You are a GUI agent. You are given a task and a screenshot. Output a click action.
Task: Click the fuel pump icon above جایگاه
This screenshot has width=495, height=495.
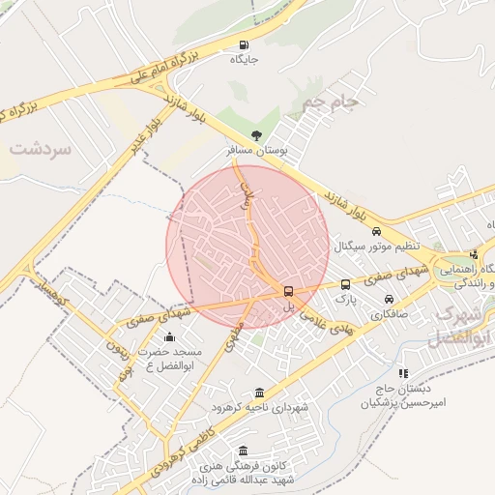coord(242,44)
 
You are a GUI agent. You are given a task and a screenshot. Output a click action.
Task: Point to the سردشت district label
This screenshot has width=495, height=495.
coord(42,149)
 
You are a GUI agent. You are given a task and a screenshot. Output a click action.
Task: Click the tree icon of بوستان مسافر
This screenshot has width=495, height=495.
coord(256,136)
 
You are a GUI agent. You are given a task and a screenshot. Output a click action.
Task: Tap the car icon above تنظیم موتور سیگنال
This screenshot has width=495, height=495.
coord(376,231)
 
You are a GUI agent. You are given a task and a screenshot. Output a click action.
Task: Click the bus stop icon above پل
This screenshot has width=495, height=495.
coord(288,291)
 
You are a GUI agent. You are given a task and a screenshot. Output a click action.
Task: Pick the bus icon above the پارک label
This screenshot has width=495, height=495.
coord(345,284)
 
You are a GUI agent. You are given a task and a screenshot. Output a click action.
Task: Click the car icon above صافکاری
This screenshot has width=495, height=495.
coord(389,298)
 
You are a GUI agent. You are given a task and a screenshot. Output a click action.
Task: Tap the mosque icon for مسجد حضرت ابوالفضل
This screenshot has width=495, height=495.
coord(170,336)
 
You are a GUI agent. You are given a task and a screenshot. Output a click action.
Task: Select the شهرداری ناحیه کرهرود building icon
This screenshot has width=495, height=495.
coord(258,393)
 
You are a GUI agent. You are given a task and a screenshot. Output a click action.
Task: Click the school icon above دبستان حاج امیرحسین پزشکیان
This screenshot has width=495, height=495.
coord(403,372)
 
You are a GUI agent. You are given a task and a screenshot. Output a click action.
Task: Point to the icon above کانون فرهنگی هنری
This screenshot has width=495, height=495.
coord(242,451)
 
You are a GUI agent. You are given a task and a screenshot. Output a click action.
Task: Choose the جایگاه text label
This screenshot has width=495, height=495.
coord(242,59)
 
